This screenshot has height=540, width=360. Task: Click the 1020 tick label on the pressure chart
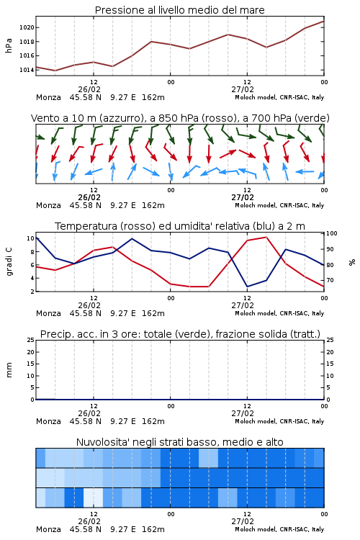pyautogui.click(x=27, y=27)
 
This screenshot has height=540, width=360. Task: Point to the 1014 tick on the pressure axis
pyautogui.click(x=27, y=70)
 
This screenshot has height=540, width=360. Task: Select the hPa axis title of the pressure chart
pyautogui.click(x=9, y=45)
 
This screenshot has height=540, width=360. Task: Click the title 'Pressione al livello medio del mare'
pyautogui.click(x=179, y=10)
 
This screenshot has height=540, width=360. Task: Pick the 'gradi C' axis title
pyautogui.click(x=9, y=262)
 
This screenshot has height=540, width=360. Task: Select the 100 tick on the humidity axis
pyautogui.click(x=331, y=233)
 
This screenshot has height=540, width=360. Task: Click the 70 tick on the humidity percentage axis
pyautogui.click(x=330, y=280)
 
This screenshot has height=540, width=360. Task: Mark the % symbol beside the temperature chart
pyautogui.click(x=352, y=262)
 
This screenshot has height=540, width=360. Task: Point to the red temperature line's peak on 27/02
pyautogui.click(x=266, y=237)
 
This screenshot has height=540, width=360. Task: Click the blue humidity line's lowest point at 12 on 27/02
pyautogui.click(x=248, y=287)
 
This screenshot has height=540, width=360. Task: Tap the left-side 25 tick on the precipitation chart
pyautogui.click(x=31, y=340)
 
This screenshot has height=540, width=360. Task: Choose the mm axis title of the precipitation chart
pyautogui.click(x=9, y=370)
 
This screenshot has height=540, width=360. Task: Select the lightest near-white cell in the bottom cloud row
pyautogui.click(x=94, y=498)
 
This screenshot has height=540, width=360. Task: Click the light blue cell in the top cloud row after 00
pyautogui.click(x=208, y=458)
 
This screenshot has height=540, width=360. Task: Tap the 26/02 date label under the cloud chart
pyautogui.click(x=89, y=521)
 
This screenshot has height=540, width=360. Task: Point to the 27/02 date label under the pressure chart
pyautogui.click(x=243, y=89)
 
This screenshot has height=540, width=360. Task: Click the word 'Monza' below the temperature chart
pyautogui.click(x=48, y=313)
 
